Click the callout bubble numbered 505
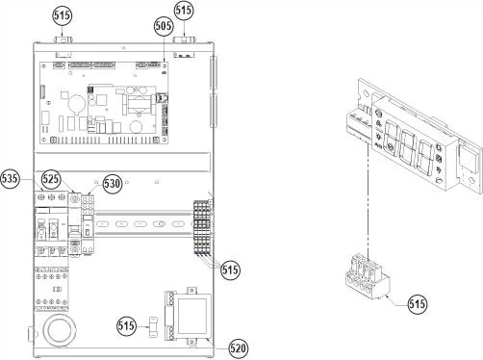pos(164,26)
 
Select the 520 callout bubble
pos(239,347)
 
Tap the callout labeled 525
pos(52,179)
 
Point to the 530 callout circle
pos(113,184)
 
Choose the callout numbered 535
pos(10,178)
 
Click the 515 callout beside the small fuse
pos(126,326)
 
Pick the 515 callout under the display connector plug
pos(418,303)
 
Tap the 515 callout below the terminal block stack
pos(230,270)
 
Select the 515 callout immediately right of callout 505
pos(184,11)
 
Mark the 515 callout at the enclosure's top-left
pos(63,15)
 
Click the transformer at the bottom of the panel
pos(189,316)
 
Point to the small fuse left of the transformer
pos(154,327)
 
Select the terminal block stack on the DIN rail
pos(202,228)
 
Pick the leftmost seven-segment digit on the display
pos(392,137)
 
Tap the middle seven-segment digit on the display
pos(408,146)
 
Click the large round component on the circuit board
pos(77,104)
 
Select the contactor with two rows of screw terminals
pos(51,289)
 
